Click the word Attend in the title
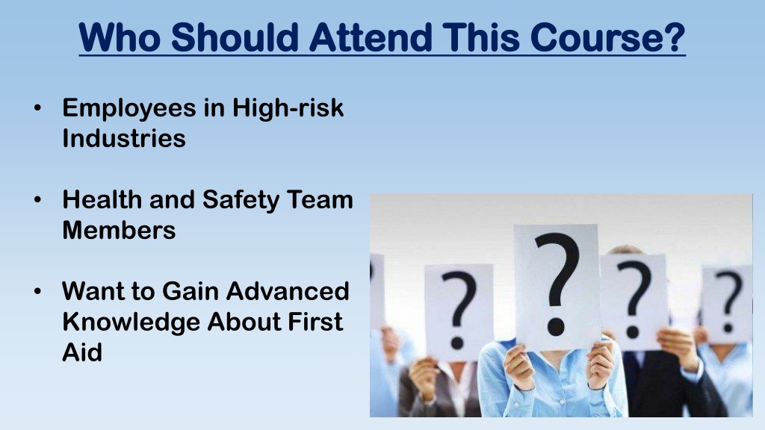(371, 37)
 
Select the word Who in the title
(119, 37)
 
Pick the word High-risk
(288, 107)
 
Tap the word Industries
(124, 138)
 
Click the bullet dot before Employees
(38, 109)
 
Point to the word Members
(119, 230)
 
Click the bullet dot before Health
(38, 200)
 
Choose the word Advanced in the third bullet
(288, 291)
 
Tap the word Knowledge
(131, 322)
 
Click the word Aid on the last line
(82, 352)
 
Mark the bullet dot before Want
(38, 292)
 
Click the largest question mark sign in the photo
(557, 287)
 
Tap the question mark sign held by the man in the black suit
(634, 302)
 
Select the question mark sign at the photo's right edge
(728, 305)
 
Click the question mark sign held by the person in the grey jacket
(459, 312)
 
